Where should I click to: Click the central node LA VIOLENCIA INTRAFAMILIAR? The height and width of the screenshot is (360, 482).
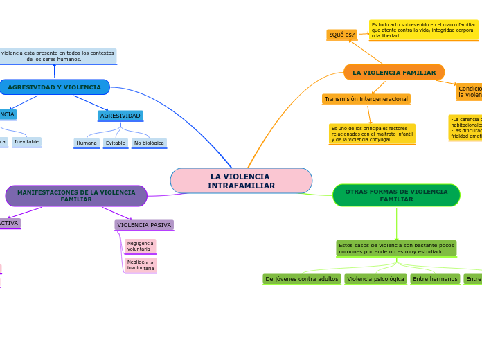point(241,181)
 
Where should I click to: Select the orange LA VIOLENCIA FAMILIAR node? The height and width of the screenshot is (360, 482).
point(394,73)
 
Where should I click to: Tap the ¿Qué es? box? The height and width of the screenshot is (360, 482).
point(341,35)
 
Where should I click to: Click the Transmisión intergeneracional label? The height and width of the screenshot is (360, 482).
point(366,99)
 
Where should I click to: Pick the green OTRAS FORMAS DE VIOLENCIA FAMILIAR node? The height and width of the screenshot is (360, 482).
point(396,195)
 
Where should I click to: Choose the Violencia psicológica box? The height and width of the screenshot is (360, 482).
point(375,279)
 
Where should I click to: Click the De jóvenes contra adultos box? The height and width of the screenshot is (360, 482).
point(302,279)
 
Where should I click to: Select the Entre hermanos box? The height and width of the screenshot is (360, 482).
point(435,279)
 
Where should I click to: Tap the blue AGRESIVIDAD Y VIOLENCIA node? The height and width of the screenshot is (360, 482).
point(54,87)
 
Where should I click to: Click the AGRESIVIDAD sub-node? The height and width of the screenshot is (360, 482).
point(120,116)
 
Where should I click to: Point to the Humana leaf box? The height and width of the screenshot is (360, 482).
point(87,143)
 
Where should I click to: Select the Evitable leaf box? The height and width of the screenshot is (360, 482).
point(116,143)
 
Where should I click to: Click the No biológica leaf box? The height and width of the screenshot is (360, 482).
point(149,143)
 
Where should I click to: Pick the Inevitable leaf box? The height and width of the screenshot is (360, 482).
point(26,142)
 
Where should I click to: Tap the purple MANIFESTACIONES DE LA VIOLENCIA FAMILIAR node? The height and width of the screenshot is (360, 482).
point(76,196)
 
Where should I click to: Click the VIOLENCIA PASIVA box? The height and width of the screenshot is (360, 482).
point(144,225)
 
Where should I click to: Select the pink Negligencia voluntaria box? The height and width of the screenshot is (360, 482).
point(140,246)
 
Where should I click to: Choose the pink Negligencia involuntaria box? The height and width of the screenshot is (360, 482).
point(141,265)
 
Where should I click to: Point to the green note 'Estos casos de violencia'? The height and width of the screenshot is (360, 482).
point(396,249)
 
